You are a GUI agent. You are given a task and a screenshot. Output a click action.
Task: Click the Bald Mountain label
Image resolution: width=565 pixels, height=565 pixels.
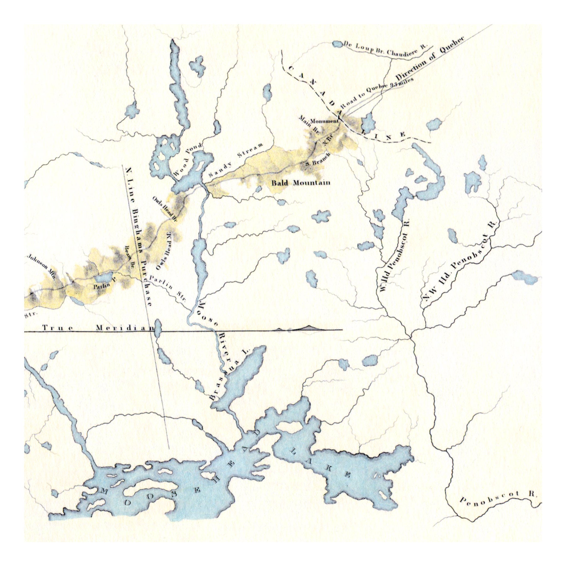[301, 183]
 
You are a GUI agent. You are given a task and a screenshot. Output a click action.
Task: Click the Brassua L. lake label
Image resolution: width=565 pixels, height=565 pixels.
[228, 375]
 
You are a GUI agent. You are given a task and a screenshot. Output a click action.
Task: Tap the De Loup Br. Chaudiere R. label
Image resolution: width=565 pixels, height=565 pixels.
[386, 50]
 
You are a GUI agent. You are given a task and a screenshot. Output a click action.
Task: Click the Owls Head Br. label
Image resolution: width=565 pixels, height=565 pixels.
[165, 209]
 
